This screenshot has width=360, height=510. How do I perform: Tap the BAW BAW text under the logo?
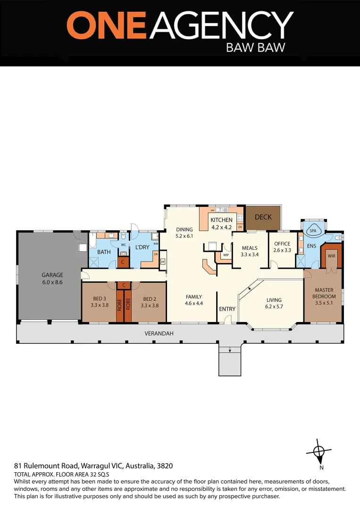[256, 48]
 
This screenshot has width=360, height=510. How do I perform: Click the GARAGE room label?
[52, 275]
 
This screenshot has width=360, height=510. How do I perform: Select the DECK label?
[263, 217]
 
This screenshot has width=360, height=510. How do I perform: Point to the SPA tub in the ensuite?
[313, 231]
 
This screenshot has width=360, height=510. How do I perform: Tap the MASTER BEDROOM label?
[324, 293]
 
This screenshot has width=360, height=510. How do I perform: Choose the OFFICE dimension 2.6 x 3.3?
[282, 250]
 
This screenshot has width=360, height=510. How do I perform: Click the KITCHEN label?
[221, 220]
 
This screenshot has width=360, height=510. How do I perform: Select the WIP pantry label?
[226, 255]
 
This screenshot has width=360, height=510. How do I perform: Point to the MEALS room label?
[249, 248]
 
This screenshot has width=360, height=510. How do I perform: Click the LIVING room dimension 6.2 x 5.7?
[274, 306]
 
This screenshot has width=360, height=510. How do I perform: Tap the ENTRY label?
[227, 309]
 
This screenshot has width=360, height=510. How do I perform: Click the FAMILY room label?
[193, 297]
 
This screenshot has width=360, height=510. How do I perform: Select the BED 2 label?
[149, 299]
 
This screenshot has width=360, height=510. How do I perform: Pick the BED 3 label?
[99, 299]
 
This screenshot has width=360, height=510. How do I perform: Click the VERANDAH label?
[159, 333]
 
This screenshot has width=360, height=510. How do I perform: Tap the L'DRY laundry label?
[142, 247]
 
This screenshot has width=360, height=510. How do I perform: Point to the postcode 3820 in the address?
[164, 466]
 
